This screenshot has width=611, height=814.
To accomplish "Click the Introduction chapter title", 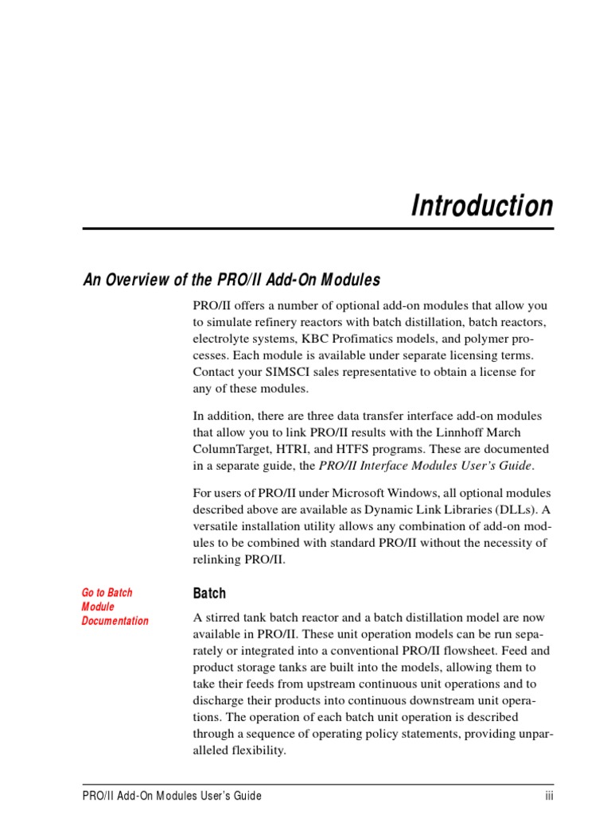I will click(481, 206).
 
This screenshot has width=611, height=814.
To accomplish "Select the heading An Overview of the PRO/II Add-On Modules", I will click(232, 280).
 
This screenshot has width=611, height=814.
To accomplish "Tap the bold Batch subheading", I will click(209, 593).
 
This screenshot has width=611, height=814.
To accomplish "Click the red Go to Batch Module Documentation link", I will click(115, 607).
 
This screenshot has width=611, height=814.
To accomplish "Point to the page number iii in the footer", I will click(549, 796).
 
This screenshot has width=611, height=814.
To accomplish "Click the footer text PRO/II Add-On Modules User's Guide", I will click(171, 796).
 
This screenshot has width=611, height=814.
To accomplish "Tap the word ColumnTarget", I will click(231, 449).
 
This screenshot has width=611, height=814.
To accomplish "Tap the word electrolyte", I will click(219, 339).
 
